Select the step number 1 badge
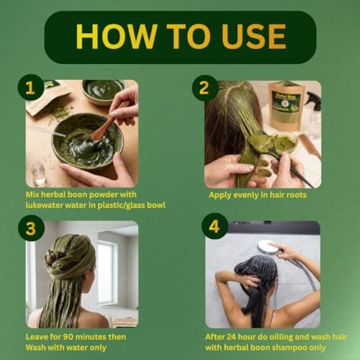[30, 87]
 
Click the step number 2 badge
[204, 88]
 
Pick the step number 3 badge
[31, 228]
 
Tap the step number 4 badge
[215, 226]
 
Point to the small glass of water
[38, 173]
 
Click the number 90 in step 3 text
[68, 337]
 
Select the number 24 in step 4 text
[231, 337]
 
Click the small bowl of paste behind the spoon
[103, 91]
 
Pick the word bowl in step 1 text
[156, 205]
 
